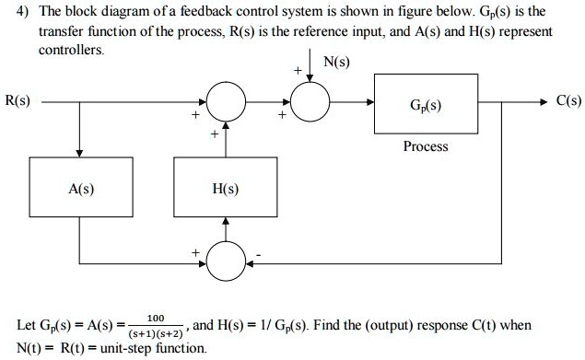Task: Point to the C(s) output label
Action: (567, 100)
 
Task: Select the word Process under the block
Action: (425, 146)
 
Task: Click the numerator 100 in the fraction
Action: (157, 317)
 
